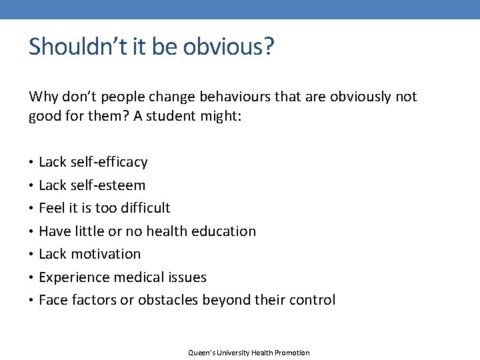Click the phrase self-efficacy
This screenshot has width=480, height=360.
pyautogui.click(x=109, y=162)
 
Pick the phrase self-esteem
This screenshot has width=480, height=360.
pyautogui.click(x=107, y=185)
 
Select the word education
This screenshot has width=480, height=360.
pyautogui.click(x=223, y=231)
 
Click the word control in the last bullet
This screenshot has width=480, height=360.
pyautogui.click(x=313, y=300)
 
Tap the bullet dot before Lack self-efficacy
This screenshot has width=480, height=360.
pyautogui.click(x=31, y=163)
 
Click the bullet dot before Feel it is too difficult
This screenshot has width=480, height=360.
pyautogui.click(x=31, y=209)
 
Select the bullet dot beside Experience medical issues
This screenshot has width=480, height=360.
pyautogui.click(x=31, y=277)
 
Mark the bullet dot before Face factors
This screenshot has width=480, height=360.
pyautogui.click(x=31, y=301)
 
